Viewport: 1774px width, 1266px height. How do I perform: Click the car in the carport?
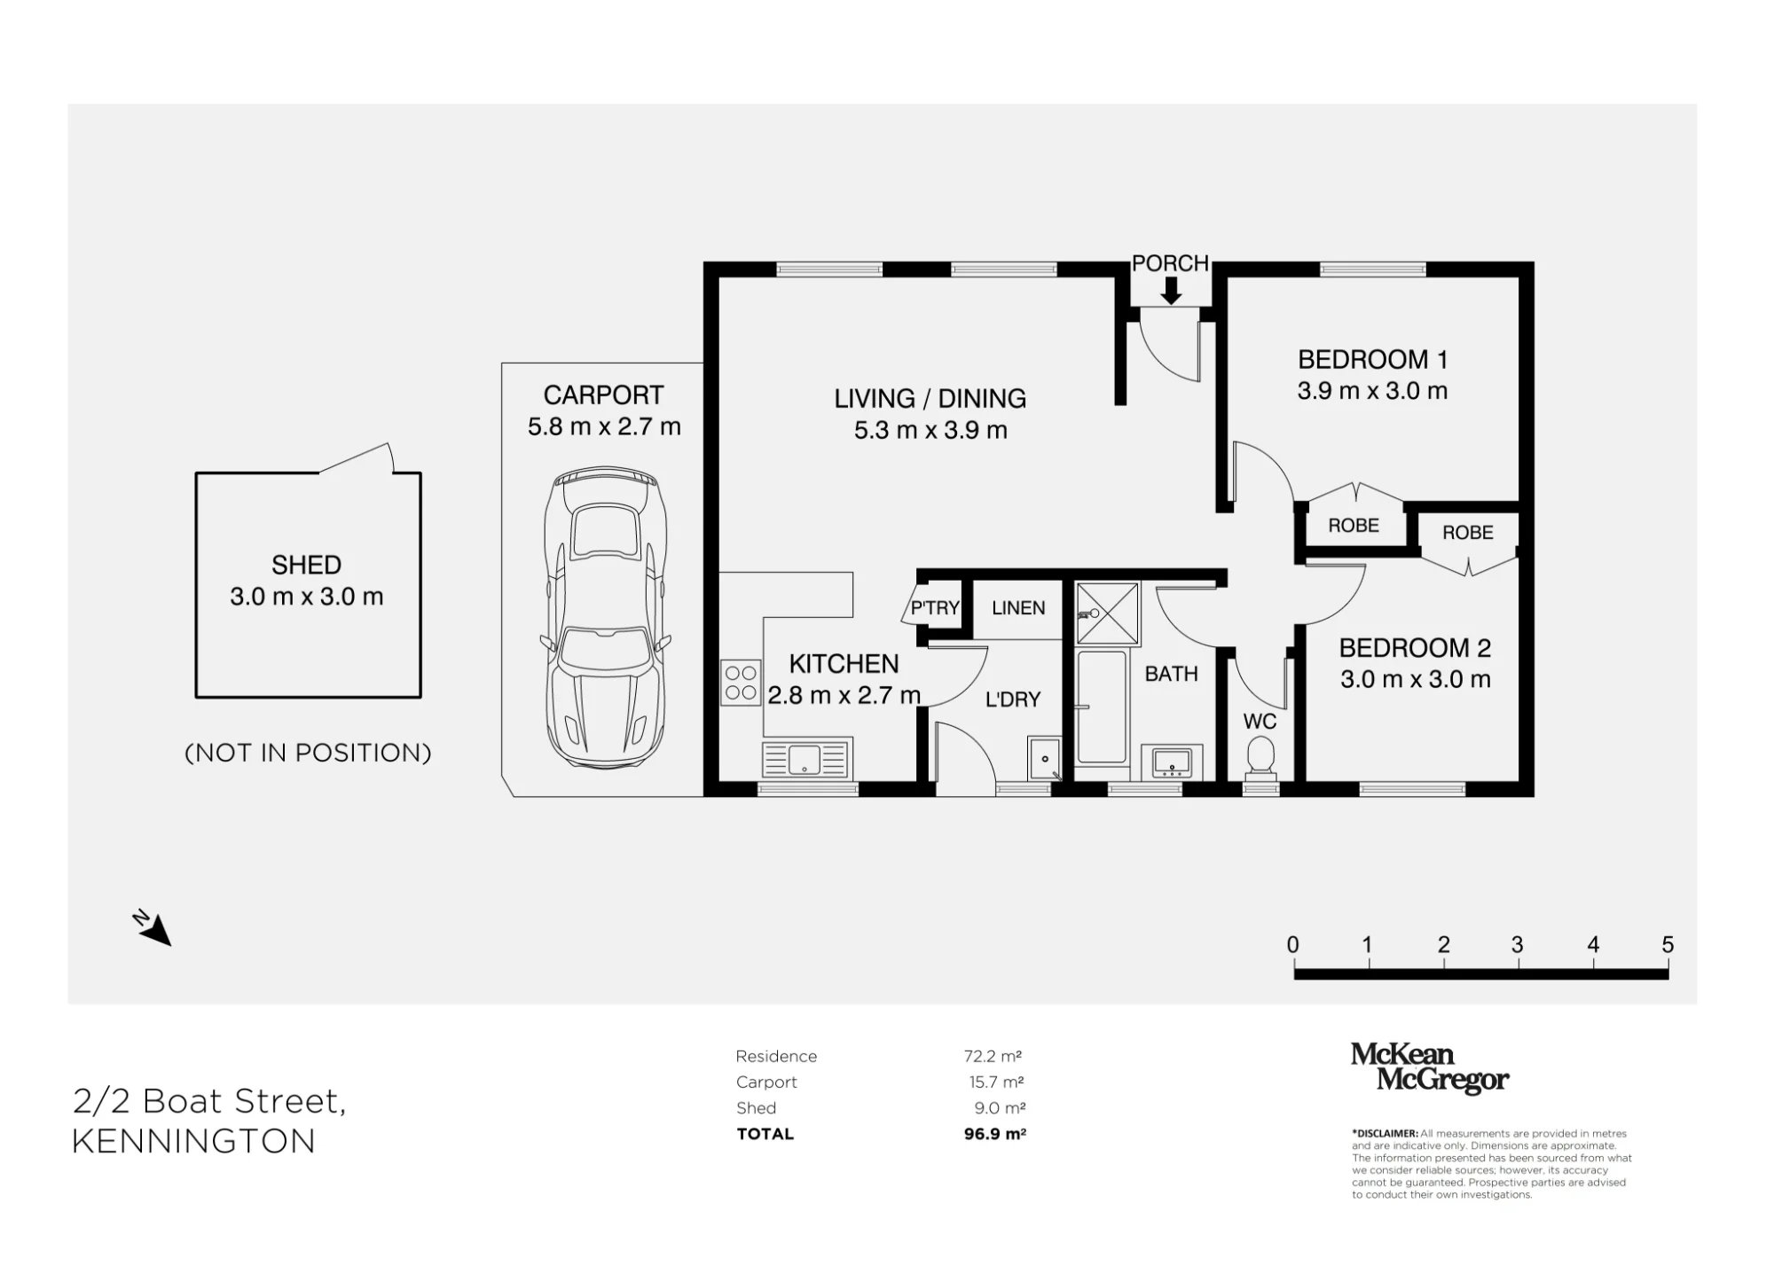[606, 618]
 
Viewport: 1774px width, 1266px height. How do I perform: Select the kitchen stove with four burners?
[741, 683]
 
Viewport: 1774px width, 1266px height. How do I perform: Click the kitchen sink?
[805, 760]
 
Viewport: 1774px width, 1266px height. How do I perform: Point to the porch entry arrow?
[1171, 291]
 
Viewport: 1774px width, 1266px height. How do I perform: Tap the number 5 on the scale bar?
[1668, 945]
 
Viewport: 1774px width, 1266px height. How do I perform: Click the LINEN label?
[1018, 608]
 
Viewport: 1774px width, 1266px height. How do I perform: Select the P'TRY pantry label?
[935, 607]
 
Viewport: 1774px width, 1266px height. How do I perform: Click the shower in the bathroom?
[1107, 613]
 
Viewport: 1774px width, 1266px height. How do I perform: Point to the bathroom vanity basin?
[1171, 762]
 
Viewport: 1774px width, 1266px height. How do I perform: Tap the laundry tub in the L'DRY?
[1045, 758]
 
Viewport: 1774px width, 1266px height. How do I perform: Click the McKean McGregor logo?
[1429, 1067]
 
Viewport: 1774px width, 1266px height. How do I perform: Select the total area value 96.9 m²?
[994, 1134]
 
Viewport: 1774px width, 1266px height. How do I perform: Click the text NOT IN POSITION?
[308, 753]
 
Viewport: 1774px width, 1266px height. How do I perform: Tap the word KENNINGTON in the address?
[193, 1141]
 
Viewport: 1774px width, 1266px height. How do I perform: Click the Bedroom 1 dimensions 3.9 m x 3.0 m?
[1372, 391]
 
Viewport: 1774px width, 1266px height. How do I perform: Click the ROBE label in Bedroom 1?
[1354, 526]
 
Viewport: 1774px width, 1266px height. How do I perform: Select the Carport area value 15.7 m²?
[997, 1082]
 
